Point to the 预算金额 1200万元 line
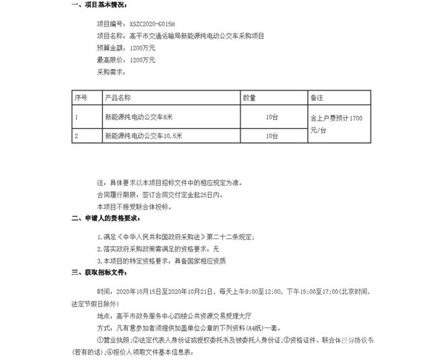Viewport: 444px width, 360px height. pos(126,47)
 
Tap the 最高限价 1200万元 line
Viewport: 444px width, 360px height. pos(126,59)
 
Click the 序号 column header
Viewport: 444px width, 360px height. pos(81,97)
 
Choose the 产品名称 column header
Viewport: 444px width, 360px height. pos(118,97)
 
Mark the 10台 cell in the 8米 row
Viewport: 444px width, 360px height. pos(272,117)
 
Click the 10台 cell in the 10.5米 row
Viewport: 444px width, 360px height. pos(272,136)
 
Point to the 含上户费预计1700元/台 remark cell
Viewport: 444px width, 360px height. pos(337,124)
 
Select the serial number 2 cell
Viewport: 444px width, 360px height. pos(76,136)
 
